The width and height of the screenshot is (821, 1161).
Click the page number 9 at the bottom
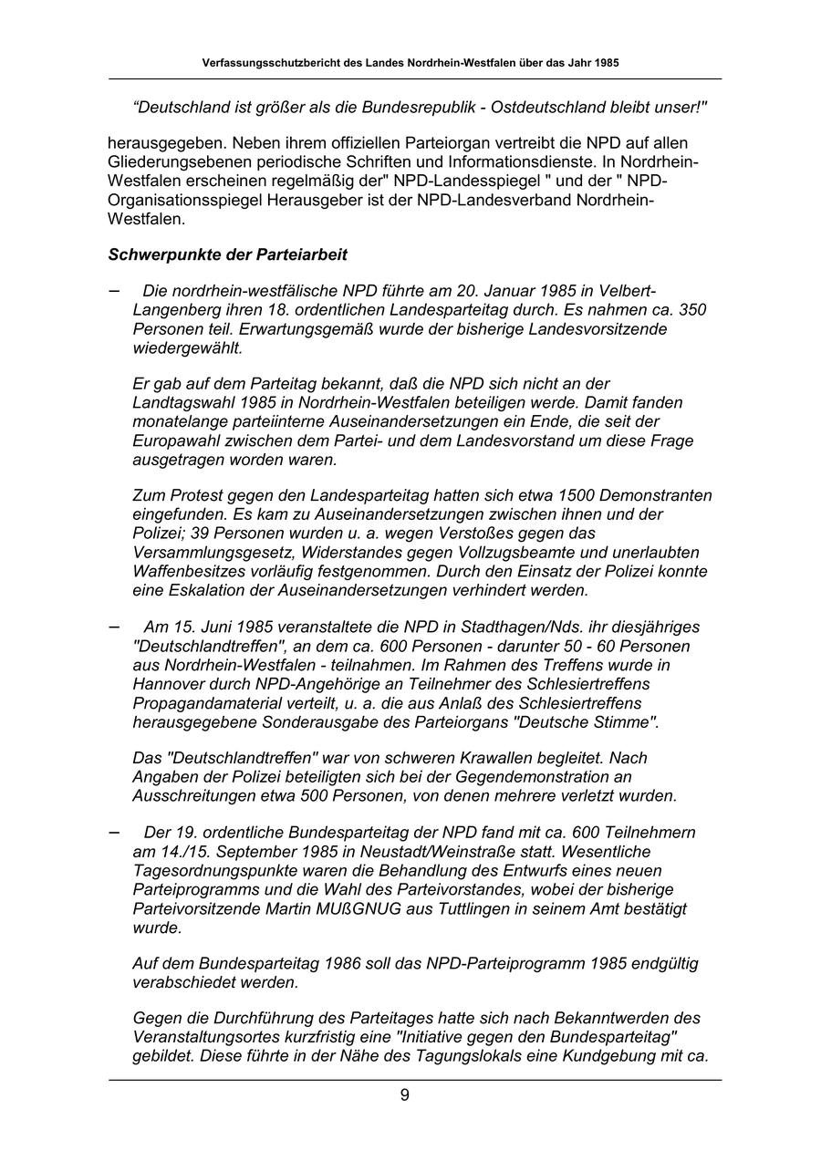404,1095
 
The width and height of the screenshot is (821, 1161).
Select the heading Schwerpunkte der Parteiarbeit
227,254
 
